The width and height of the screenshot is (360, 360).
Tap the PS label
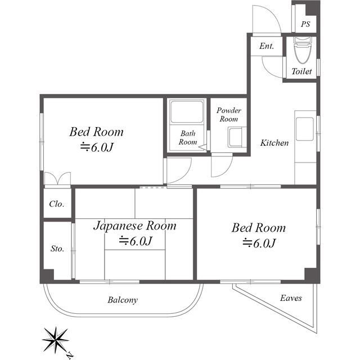pyautogui.click(x=305, y=24)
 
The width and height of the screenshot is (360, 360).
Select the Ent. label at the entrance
pyautogui.click(x=267, y=46)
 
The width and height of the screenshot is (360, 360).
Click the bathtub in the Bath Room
pyautogui.click(x=187, y=112)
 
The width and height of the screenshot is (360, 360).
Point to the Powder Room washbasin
pyautogui.click(x=237, y=137)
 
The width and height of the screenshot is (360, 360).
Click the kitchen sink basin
pyautogui.click(x=305, y=129)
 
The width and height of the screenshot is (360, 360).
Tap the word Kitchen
pyautogui.click(x=274, y=143)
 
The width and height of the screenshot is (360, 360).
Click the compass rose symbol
pyautogui.click(x=56, y=339)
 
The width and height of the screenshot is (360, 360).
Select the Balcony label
pyautogui.click(x=123, y=300)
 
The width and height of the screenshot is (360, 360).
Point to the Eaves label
pyautogui.click(x=291, y=298)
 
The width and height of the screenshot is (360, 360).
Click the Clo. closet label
pyautogui.click(x=56, y=204)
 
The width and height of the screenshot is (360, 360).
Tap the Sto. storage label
pyautogui.click(x=57, y=249)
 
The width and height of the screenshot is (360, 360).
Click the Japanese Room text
pyautogui.click(x=135, y=226)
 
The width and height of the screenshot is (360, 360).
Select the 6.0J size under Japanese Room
pyautogui.click(x=136, y=241)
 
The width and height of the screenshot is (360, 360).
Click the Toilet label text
pyautogui.click(x=301, y=71)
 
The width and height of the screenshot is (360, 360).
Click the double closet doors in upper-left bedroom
pyautogui.click(x=57, y=178)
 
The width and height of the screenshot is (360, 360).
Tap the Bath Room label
pyautogui.click(x=188, y=137)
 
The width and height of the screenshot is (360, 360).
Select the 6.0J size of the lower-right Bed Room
pyautogui.click(x=259, y=243)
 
